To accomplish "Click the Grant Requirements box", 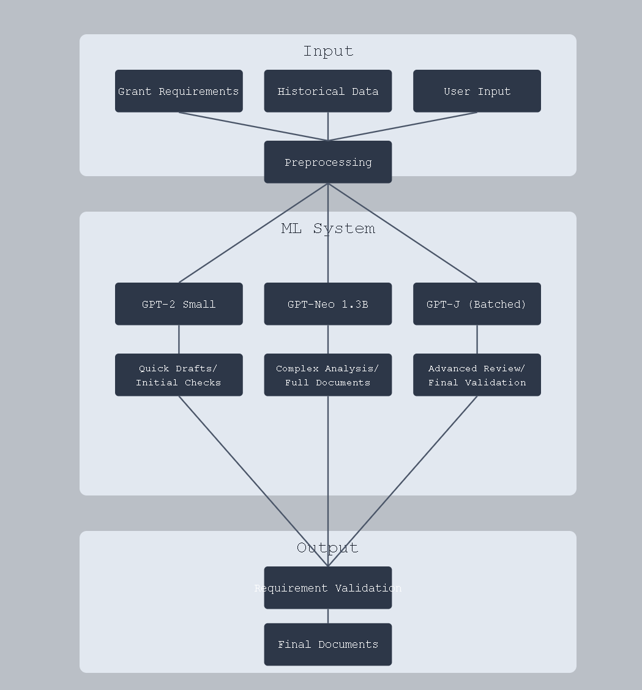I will [x=179, y=91].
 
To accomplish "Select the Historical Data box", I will [x=328, y=91].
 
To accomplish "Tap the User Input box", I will [x=477, y=91].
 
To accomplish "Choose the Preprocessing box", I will [x=328, y=162].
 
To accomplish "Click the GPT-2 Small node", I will [x=179, y=304].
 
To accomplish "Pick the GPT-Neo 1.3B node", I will [x=328, y=304].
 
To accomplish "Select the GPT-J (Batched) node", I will [x=477, y=304].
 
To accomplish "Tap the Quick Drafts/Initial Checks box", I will [x=179, y=375].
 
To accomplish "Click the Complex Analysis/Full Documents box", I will [x=328, y=375].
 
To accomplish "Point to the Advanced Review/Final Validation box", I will [x=477, y=375].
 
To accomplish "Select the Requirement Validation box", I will [x=328, y=588].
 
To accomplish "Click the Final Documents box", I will [x=328, y=644].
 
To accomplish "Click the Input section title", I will [x=328, y=51].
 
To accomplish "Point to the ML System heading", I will [x=328, y=228].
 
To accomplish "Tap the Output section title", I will [x=328, y=547].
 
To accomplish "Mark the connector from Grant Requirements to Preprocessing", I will [x=253, y=127].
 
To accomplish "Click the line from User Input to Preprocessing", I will [x=403, y=127].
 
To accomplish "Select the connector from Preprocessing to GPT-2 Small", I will [x=253, y=233].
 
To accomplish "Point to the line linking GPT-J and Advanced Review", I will [x=477, y=339].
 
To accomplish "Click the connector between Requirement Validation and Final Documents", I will [x=328, y=616].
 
